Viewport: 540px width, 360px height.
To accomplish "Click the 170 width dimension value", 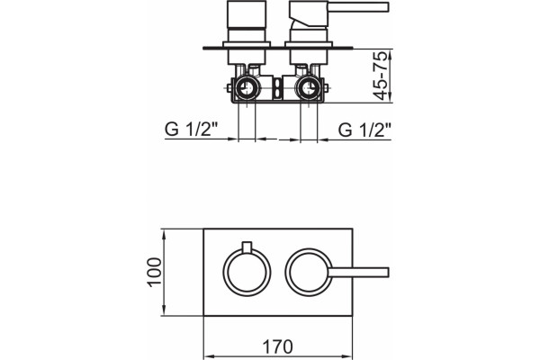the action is click(277, 346).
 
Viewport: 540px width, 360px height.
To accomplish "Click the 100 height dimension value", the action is click(155, 272).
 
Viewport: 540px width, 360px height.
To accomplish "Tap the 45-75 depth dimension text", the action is click(381, 76).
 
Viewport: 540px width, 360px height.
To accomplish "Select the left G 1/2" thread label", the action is click(192, 130).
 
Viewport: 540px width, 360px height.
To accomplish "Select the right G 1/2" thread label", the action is click(364, 130).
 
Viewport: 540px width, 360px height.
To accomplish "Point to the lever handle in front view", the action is click(358, 272).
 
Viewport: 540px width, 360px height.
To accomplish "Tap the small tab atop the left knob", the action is click(247, 247).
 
